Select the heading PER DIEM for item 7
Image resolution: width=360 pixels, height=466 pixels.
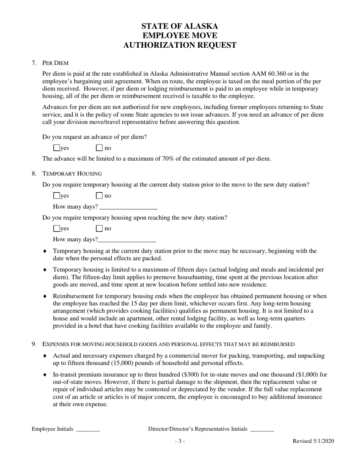pyautogui.click(x=55, y=63)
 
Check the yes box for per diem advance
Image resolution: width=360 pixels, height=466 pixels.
pyautogui.click(x=57, y=148)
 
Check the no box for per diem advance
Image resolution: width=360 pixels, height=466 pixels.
pyautogui.click(x=99, y=148)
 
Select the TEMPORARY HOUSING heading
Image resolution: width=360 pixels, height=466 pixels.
pyautogui.click(x=72, y=174)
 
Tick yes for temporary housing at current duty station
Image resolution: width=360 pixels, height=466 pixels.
pyautogui.click(x=57, y=196)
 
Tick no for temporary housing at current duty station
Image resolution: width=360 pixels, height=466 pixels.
pyautogui.click(x=99, y=196)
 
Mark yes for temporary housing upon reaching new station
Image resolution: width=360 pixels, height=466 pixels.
pyautogui.click(x=57, y=228)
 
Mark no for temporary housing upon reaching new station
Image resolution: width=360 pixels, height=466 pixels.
pyautogui.click(x=99, y=228)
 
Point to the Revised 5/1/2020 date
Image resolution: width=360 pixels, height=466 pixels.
pyautogui.click(x=313, y=441)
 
